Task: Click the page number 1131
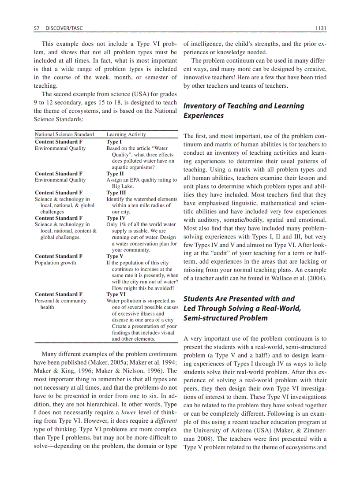pyautogui.click(x=321, y=28)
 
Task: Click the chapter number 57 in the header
pyautogui.click(x=37, y=28)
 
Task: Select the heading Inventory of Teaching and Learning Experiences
pyautogui.click(x=244, y=111)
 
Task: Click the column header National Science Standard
pyautogui.click(x=64, y=134)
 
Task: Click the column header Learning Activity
pyautogui.click(x=126, y=134)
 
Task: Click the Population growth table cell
pyautogui.click(x=56, y=263)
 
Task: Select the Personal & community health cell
pyautogui.click(x=60, y=304)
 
